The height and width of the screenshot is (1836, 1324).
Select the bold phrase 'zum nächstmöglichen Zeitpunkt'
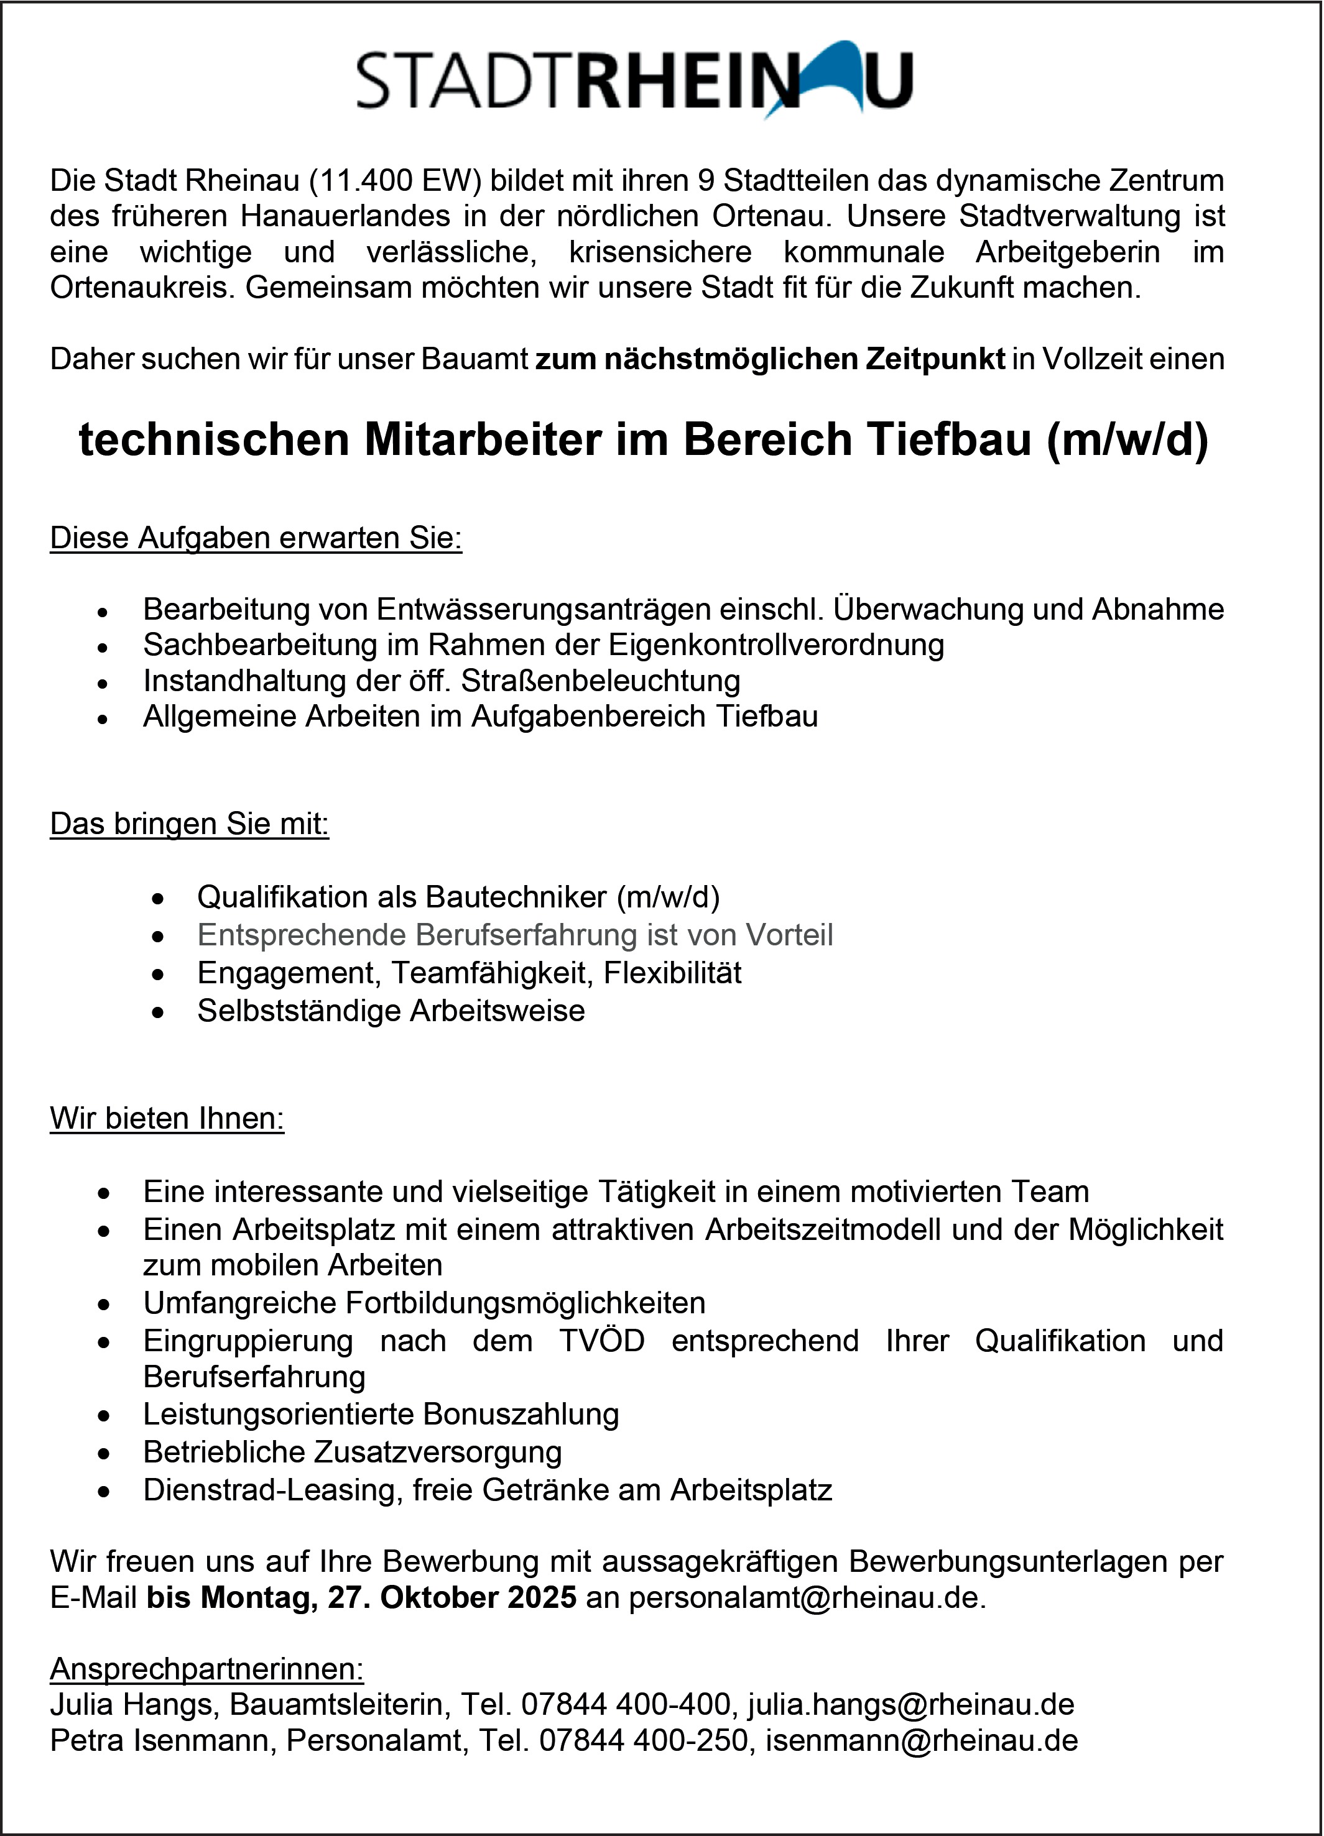point(770,359)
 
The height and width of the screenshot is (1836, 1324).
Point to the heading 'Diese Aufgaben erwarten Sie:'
point(256,538)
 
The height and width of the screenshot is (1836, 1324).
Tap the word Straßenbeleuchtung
point(600,681)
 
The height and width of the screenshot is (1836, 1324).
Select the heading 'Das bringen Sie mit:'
point(190,824)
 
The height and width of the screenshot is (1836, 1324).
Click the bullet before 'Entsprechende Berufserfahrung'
point(159,937)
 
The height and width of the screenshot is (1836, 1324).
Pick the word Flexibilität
point(672,973)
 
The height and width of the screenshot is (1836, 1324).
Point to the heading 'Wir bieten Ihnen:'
point(167,1118)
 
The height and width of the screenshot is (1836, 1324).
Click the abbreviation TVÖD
point(601,1341)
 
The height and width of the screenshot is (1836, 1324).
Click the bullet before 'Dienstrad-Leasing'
point(103,1491)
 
